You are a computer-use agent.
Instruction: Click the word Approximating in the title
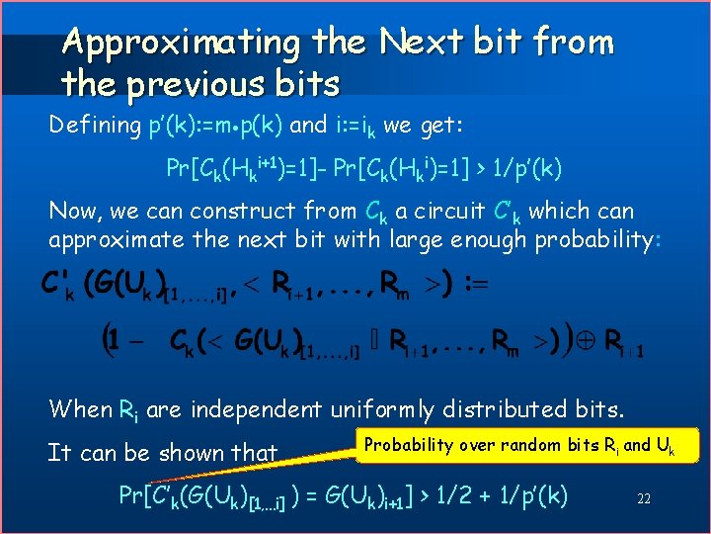(x=181, y=43)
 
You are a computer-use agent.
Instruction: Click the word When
(x=81, y=407)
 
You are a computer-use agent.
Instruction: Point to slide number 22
(x=643, y=499)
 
